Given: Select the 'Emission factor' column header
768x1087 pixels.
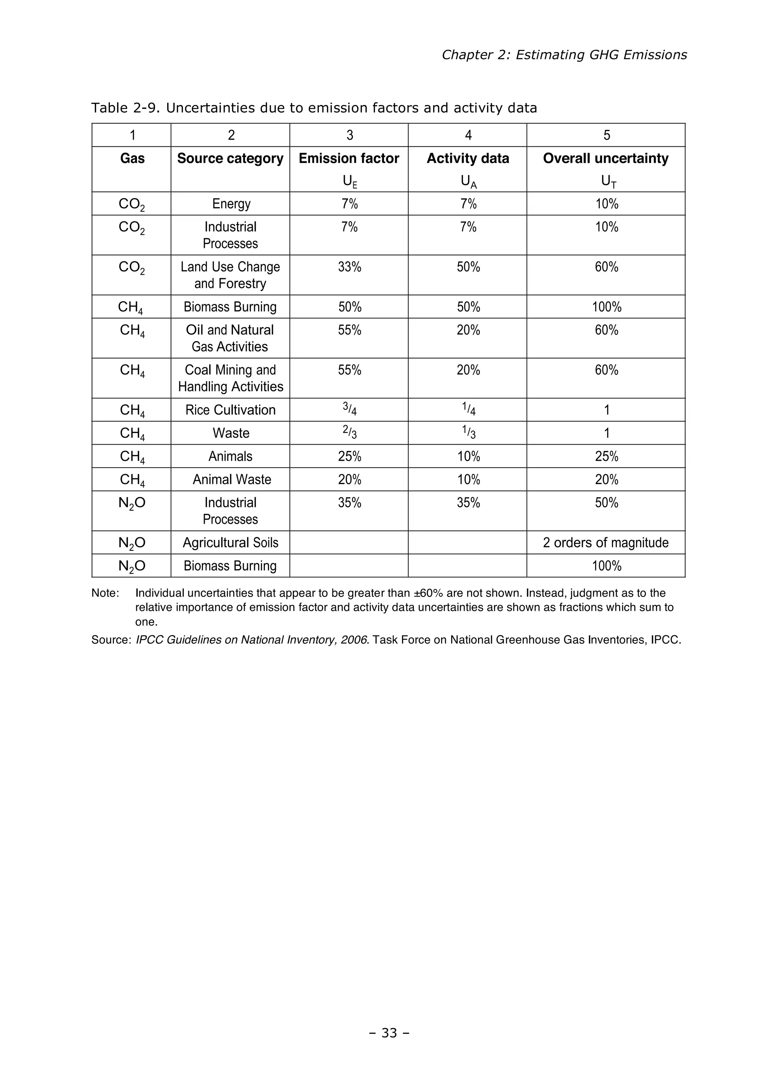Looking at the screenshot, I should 349,159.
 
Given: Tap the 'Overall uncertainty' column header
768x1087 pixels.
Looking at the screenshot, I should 606,159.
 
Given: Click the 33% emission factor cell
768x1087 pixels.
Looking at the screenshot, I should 349,267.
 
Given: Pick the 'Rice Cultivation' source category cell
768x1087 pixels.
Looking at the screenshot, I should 231,410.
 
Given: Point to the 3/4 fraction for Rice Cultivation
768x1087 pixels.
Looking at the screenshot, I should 349,409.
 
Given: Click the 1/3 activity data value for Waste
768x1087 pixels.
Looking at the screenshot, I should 468,433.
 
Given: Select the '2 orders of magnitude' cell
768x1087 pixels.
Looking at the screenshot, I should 606,543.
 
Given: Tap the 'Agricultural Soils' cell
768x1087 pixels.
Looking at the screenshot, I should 231,543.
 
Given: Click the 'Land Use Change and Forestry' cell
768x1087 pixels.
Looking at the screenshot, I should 231,275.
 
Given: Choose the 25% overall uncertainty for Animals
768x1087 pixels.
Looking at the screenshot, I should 606,456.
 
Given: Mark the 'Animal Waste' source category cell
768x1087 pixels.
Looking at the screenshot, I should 232,480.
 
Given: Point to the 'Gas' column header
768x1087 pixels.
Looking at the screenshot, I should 132,159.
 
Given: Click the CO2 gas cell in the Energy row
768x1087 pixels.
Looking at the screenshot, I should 132,204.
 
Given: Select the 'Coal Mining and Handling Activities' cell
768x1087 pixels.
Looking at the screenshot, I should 231,378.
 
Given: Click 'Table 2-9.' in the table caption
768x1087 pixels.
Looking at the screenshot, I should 126,108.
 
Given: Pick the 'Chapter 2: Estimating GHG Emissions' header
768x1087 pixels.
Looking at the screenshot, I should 564,55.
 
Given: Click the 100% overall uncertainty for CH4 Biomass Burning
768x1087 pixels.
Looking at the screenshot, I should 606,307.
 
